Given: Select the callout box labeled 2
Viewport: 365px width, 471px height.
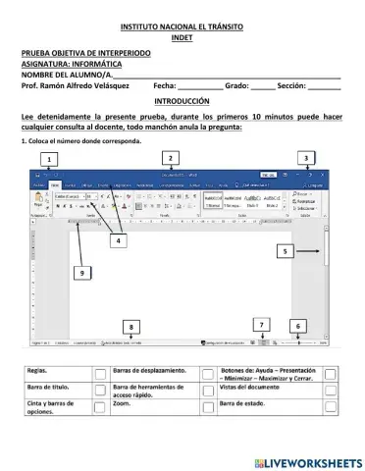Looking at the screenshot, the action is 171,157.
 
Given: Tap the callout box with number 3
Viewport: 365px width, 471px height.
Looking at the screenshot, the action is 306,157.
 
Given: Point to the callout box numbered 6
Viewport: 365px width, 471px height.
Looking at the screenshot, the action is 298,325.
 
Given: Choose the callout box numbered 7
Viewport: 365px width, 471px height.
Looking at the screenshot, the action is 260,324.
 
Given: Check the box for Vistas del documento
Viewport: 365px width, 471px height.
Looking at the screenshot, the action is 330,391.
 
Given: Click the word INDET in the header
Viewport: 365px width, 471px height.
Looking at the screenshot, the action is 182,37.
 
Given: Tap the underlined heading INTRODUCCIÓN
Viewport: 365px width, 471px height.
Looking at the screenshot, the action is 182,101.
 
